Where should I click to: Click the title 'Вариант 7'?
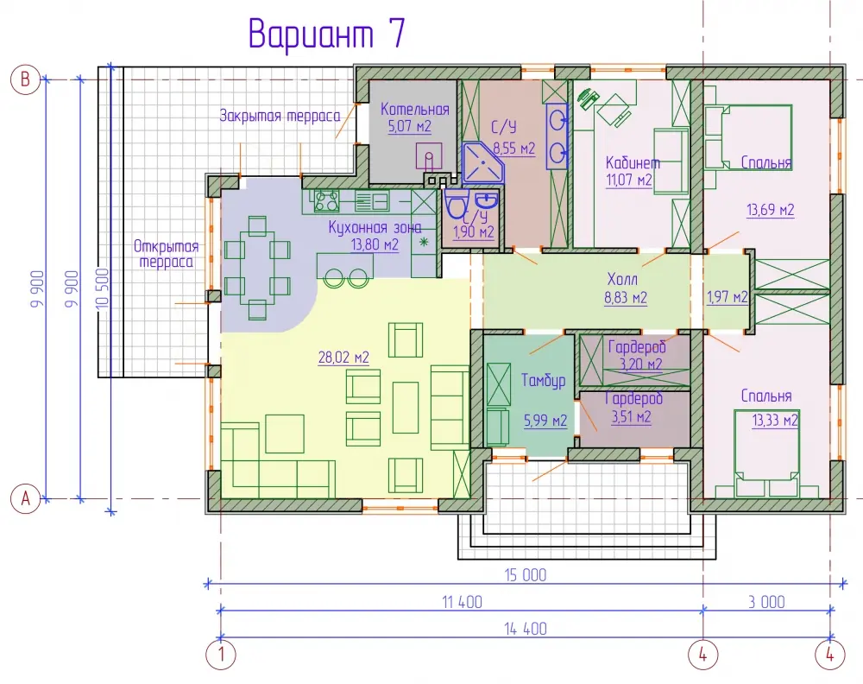(327, 35)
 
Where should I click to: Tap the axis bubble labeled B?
(25, 79)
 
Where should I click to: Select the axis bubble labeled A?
(25, 499)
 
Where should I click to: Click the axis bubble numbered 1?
(221, 655)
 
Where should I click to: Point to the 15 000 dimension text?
(526, 575)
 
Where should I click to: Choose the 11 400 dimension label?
(463, 602)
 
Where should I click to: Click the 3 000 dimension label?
(766, 602)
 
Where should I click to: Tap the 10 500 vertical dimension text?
(103, 289)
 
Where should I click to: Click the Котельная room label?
(415, 109)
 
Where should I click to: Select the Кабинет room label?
(633, 162)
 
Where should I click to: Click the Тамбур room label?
(544, 380)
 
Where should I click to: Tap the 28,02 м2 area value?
(343, 358)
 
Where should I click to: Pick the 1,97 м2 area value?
(727, 297)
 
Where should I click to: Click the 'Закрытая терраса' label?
(280, 116)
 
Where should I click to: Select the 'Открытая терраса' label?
(166, 253)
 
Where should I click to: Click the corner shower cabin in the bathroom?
(483, 163)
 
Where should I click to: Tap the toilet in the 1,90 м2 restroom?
(456, 204)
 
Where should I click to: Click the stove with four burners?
(326, 200)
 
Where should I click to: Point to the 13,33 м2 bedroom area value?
(775, 421)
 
